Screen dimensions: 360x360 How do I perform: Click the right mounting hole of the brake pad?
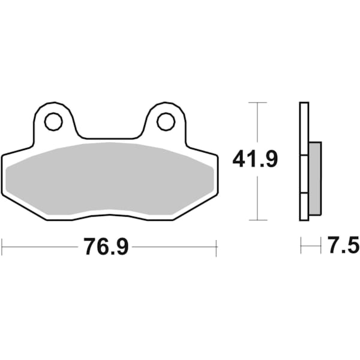tap(166, 122)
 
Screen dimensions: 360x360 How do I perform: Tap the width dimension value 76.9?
tap(106, 247)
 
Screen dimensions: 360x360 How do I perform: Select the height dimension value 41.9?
tap(255, 161)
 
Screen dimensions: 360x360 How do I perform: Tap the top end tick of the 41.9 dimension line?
tap(257, 103)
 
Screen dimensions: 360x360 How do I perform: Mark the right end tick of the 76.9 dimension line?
tap(216, 246)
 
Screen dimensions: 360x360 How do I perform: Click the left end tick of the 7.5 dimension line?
tap(301, 246)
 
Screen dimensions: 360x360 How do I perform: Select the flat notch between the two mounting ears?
tap(109, 139)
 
